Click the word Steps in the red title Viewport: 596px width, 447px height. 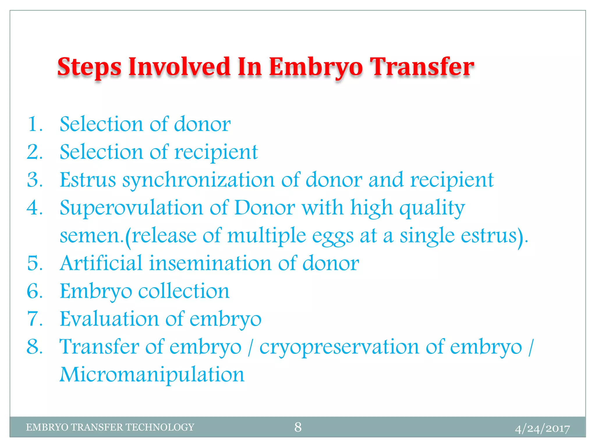tap(89, 68)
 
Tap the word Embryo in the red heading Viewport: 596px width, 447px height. tap(315, 68)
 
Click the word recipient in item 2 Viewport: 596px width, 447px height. tap(216, 152)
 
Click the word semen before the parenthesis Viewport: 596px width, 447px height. tap(91, 236)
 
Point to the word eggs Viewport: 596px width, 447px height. tap(333, 236)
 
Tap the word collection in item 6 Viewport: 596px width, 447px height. tap(184, 291)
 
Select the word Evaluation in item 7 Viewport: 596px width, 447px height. tap(109, 319)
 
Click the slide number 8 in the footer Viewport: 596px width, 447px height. tap(298, 427)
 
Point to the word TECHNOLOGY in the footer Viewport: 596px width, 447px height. tap(160, 427)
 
